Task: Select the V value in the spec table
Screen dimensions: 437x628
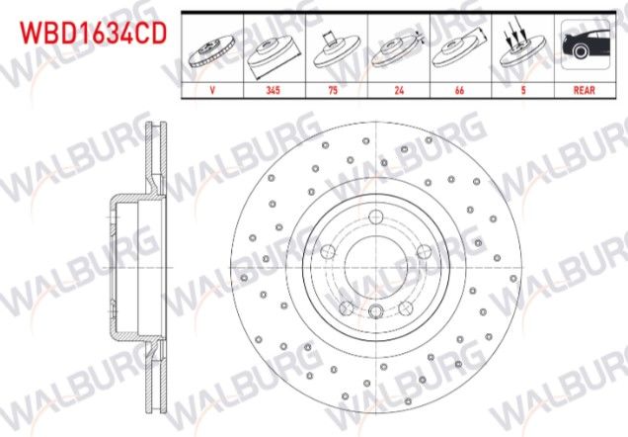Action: click(x=213, y=88)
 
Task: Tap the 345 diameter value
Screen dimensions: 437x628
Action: click(x=274, y=88)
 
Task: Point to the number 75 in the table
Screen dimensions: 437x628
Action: click(x=337, y=88)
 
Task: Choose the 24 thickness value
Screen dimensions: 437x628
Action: click(x=399, y=88)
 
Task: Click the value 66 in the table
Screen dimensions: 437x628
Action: click(x=460, y=88)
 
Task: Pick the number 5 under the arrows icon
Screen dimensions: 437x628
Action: click(x=523, y=88)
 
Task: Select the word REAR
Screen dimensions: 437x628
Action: click(x=585, y=88)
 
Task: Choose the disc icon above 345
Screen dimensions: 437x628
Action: click(x=274, y=49)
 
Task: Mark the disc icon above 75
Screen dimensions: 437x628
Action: click(x=337, y=49)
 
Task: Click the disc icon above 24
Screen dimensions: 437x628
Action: click(x=399, y=49)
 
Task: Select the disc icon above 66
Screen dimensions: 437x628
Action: click(x=460, y=49)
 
